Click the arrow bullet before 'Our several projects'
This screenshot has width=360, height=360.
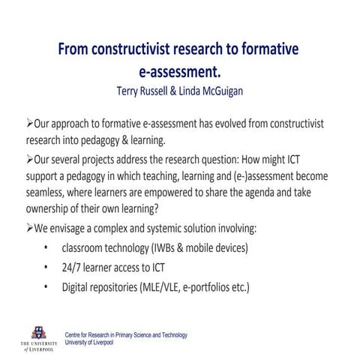click(20, 160)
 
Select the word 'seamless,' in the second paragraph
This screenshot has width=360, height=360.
click(38, 192)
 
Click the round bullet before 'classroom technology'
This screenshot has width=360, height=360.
click(46, 248)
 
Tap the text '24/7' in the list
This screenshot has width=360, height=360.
click(74, 268)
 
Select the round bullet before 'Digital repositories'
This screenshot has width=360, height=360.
click(46, 287)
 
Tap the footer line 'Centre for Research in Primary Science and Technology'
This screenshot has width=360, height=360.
click(126, 335)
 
